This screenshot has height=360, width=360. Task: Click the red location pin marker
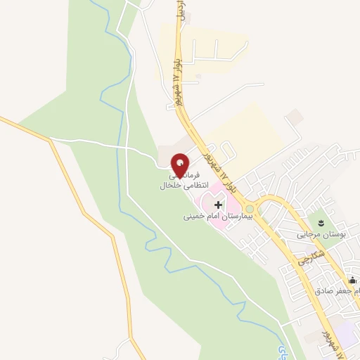tap(181, 165)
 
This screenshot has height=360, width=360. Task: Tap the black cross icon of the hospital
tap(218, 205)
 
